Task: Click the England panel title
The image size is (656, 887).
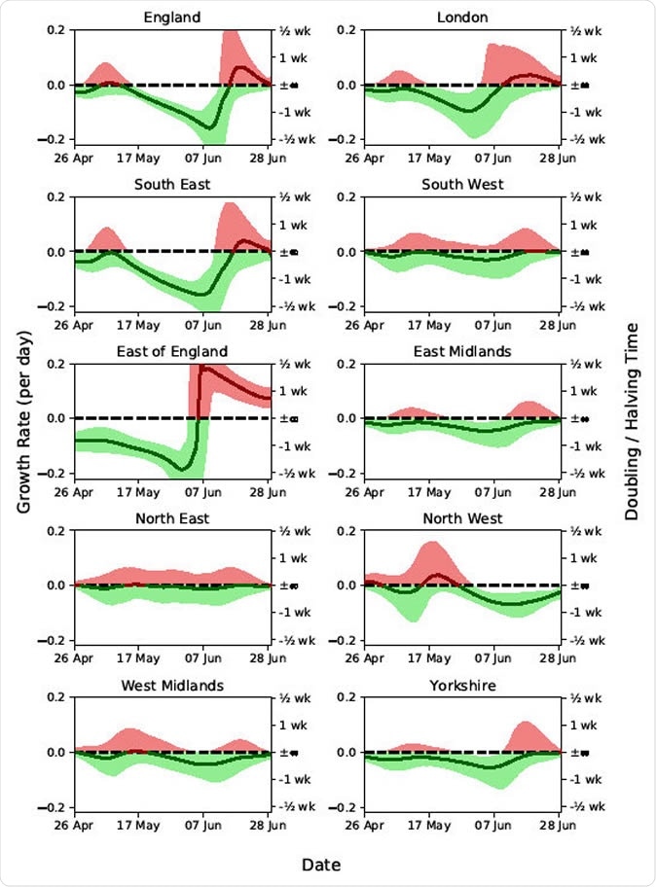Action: pos(172,18)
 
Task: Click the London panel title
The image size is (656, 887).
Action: pos(462,18)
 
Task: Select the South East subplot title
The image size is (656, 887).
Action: pos(172,185)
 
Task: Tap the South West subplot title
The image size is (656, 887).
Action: pos(462,185)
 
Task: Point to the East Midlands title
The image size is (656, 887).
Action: pos(462,351)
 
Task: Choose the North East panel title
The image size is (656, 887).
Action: pos(172,518)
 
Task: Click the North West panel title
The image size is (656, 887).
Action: pos(462,518)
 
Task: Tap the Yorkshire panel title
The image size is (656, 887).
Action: pos(462,686)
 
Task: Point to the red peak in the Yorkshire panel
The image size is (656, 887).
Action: pos(523,724)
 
